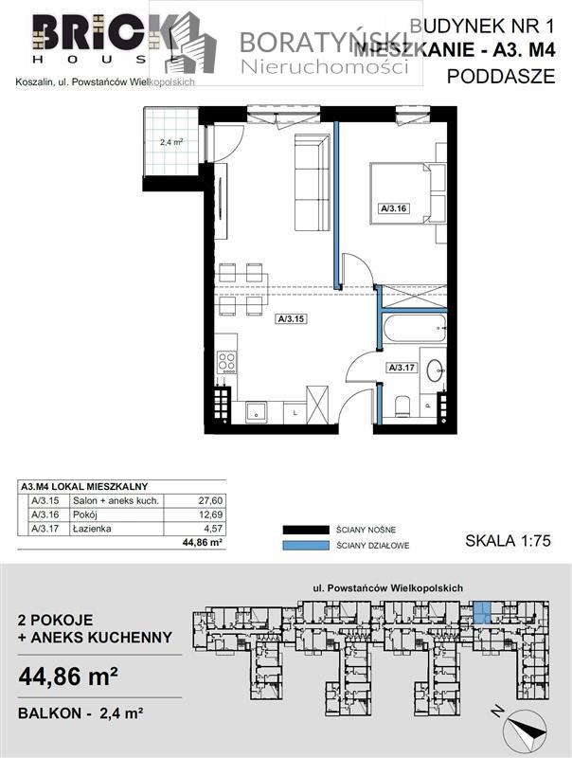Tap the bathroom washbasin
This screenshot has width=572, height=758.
(437, 369)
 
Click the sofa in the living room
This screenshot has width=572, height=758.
(309, 183)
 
